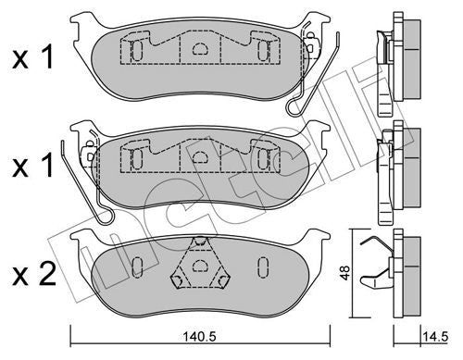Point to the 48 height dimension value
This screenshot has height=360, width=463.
345,273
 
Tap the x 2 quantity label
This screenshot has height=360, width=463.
34,274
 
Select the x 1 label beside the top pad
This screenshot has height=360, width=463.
33,56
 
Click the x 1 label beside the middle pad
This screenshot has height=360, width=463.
33,166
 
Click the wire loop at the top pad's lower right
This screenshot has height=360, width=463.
294,106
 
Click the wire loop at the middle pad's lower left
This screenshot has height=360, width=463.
105,216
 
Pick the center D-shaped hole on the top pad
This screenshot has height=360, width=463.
200,48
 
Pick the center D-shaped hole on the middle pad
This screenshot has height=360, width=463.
200,156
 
